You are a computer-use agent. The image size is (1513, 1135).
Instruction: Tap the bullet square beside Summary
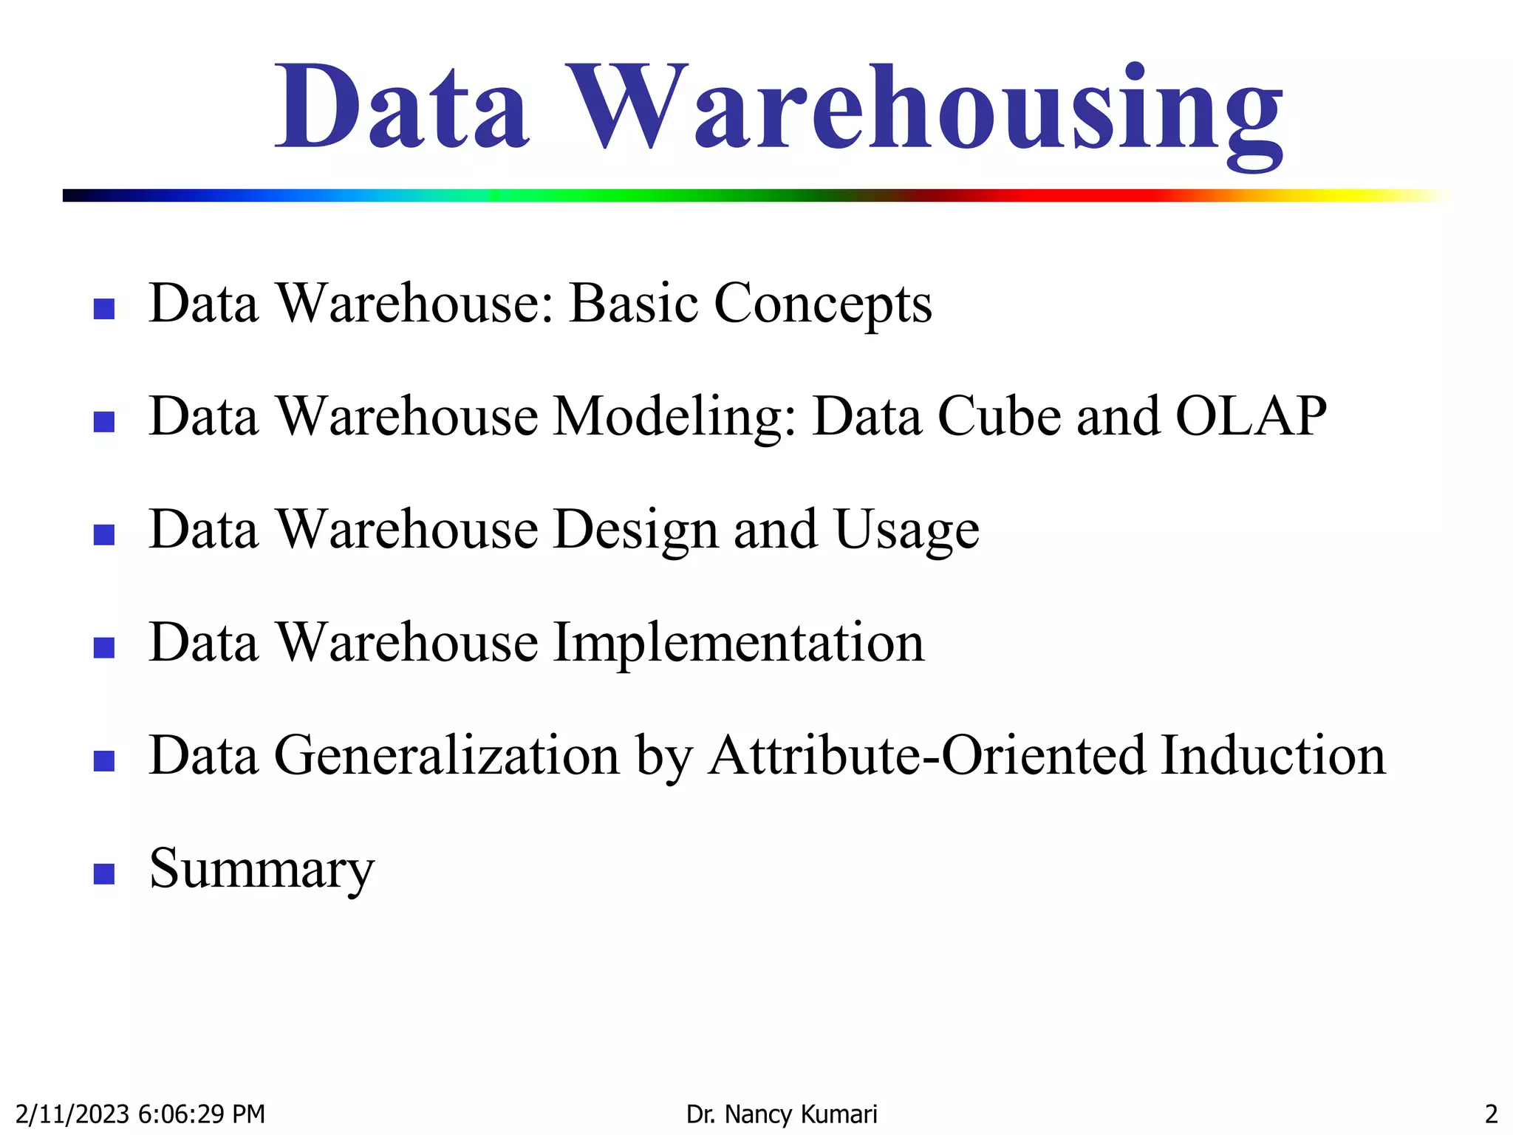(x=104, y=874)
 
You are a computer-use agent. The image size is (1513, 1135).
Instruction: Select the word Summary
(x=262, y=868)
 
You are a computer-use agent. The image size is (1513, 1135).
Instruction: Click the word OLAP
(x=1251, y=416)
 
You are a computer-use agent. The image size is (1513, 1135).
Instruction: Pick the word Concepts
(x=822, y=304)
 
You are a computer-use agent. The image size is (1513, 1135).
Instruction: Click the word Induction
(x=1273, y=755)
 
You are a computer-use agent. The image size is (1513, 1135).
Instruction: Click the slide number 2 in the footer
(x=1491, y=1114)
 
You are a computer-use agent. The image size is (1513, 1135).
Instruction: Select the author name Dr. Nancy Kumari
(x=782, y=1114)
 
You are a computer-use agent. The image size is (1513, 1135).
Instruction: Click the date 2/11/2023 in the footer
(x=72, y=1114)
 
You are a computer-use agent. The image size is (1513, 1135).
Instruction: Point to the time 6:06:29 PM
(x=201, y=1114)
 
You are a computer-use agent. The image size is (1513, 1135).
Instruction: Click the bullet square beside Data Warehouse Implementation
(x=104, y=648)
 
